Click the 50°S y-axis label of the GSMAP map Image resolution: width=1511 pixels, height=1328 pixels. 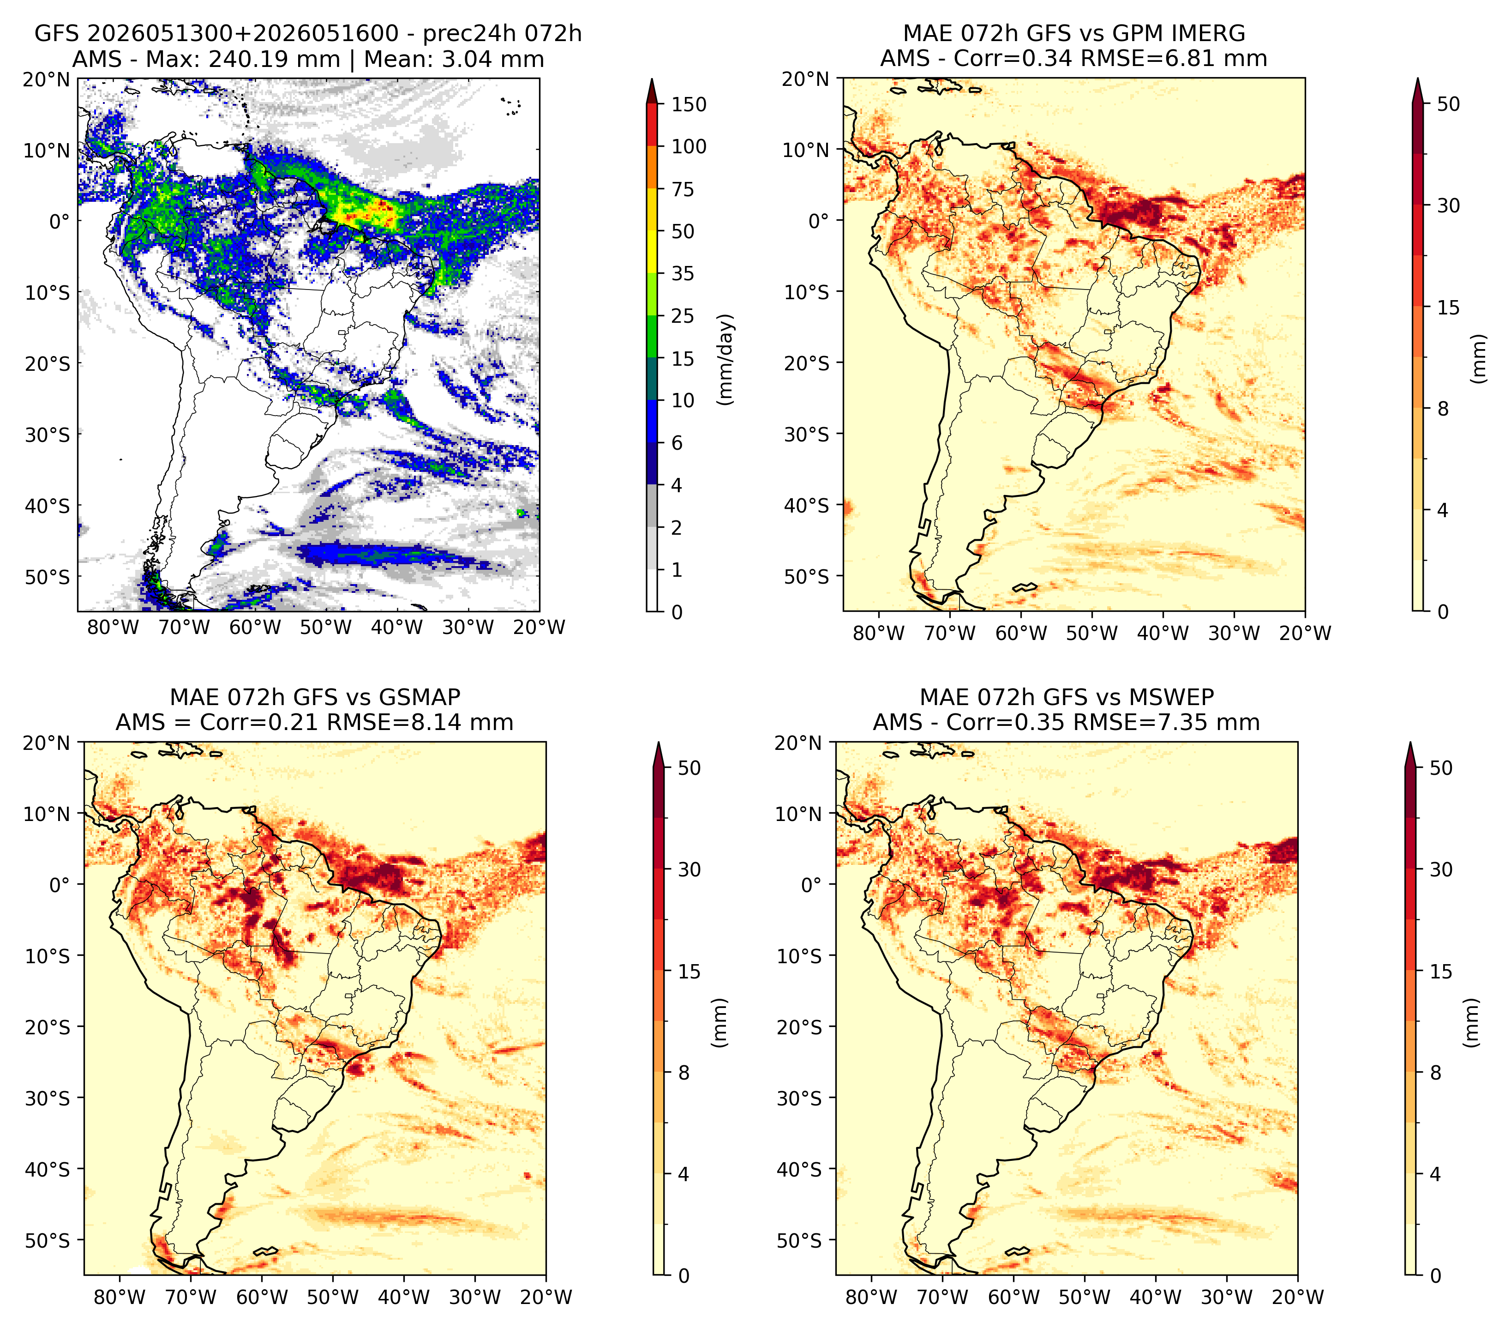pyautogui.click(x=53, y=1241)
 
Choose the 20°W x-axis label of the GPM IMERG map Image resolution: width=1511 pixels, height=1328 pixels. pyautogui.click(x=1305, y=633)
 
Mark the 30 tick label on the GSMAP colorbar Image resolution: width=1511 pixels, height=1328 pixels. pyautogui.click(x=689, y=869)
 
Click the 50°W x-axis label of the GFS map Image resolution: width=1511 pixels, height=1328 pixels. pyautogui.click(x=326, y=627)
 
